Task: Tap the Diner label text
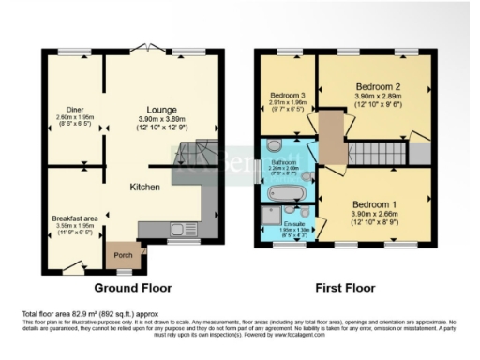[x=73, y=109]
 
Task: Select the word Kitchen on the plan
[x=143, y=187]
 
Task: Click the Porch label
[x=123, y=254]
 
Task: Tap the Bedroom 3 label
[x=288, y=96]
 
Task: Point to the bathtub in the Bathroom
[x=284, y=192]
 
